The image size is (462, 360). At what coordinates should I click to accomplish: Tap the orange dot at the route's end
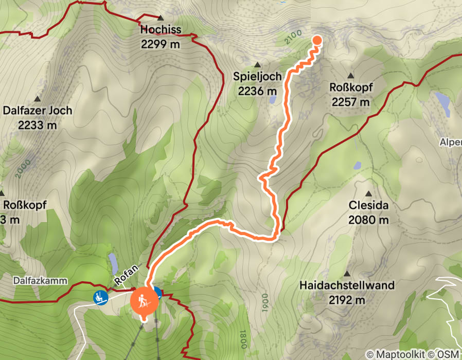(x=317, y=40)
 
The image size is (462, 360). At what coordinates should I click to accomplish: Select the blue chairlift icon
(x=100, y=297)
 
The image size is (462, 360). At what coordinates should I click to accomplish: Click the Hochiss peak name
(x=161, y=30)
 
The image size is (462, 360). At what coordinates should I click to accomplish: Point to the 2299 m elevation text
(x=161, y=44)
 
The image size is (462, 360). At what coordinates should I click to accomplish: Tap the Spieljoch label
(x=257, y=77)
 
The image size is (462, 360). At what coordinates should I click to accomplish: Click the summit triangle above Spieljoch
(x=257, y=65)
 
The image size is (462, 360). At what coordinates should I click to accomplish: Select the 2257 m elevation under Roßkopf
(x=351, y=102)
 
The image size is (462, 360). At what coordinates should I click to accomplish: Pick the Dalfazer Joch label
(x=38, y=110)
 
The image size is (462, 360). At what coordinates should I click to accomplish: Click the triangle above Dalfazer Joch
(x=38, y=98)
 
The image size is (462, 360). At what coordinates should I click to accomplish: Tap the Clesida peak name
(x=368, y=206)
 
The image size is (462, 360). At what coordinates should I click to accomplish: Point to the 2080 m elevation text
(x=368, y=220)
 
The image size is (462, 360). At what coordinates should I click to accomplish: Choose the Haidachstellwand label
(x=347, y=285)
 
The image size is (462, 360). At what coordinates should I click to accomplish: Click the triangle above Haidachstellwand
(x=347, y=274)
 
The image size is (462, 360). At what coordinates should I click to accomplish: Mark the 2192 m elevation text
(x=347, y=300)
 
